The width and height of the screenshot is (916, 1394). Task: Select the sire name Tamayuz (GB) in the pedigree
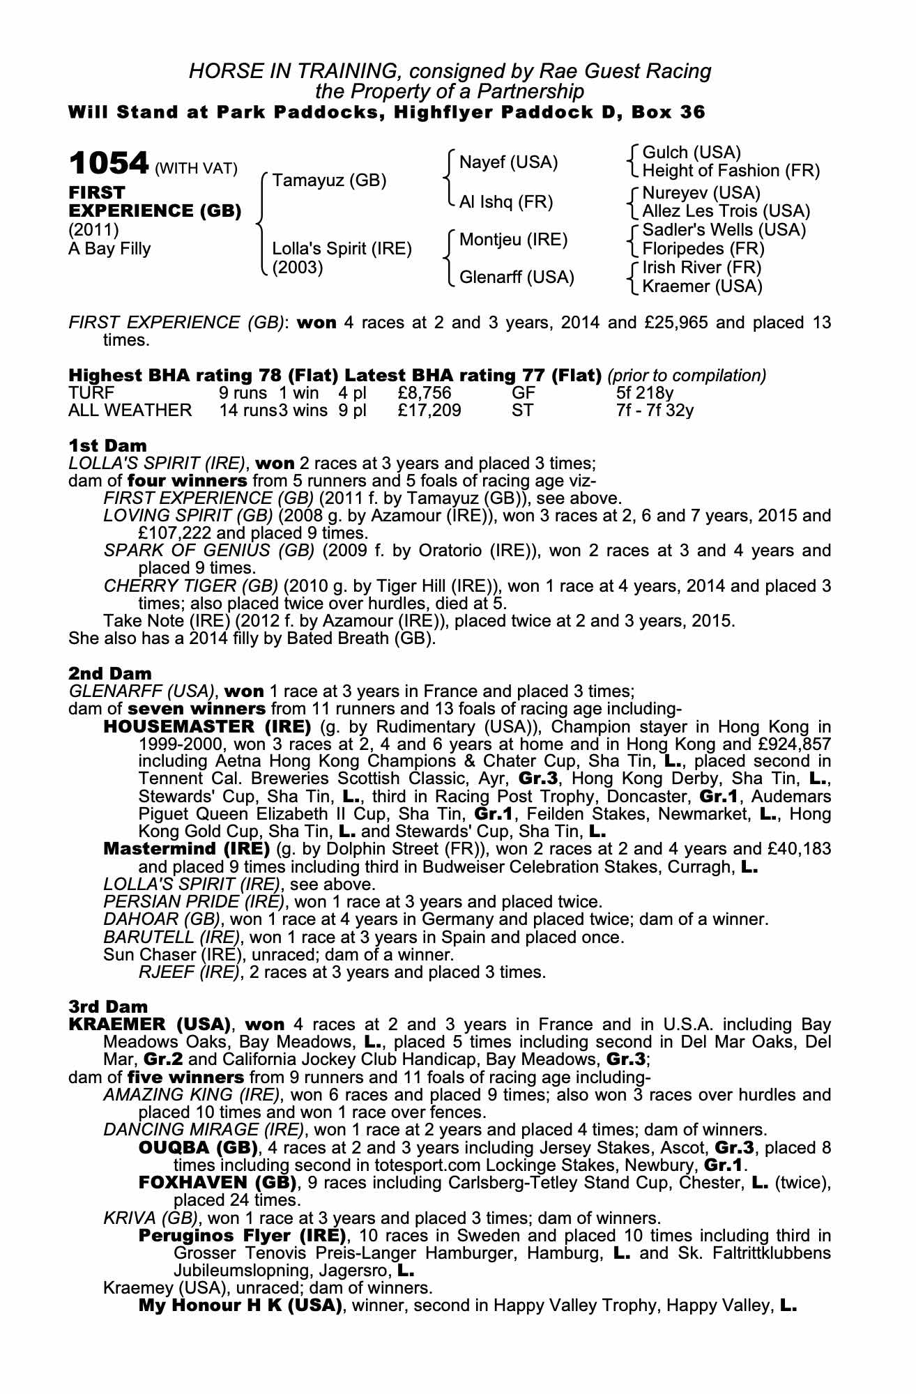[329, 181]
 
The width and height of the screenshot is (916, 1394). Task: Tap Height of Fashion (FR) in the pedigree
[731, 171]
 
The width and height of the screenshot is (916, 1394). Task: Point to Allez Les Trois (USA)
[726, 211]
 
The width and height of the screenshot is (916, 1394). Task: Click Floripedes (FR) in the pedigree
[703, 249]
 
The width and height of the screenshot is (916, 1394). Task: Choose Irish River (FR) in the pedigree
[701, 268]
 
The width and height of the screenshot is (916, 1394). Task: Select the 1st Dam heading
[107, 445]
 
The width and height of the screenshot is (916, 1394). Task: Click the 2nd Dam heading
[109, 673]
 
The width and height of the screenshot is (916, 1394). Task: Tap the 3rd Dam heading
[108, 1006]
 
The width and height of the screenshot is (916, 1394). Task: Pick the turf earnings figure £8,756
[425, 393]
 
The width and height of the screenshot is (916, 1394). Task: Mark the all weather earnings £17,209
[429, 411]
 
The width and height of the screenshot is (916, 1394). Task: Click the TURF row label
[91, 393]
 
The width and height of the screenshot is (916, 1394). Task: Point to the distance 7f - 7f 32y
[655, 411]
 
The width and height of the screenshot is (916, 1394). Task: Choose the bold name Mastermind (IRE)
[186, 849]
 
